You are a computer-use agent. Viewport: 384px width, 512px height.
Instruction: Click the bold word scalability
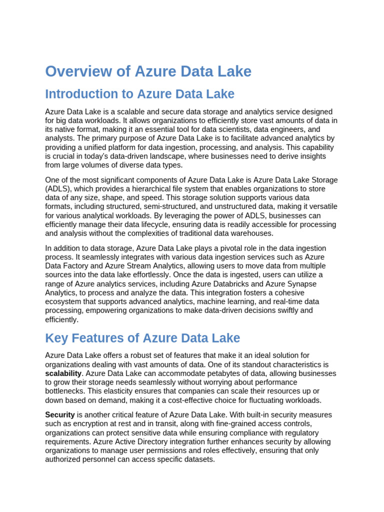pos(63,373)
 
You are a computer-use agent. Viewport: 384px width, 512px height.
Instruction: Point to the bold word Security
pos(60,415)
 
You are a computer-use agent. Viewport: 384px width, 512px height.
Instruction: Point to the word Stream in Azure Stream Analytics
pos(133,266)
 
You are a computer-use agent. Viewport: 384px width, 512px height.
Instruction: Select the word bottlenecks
pos(65,391)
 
